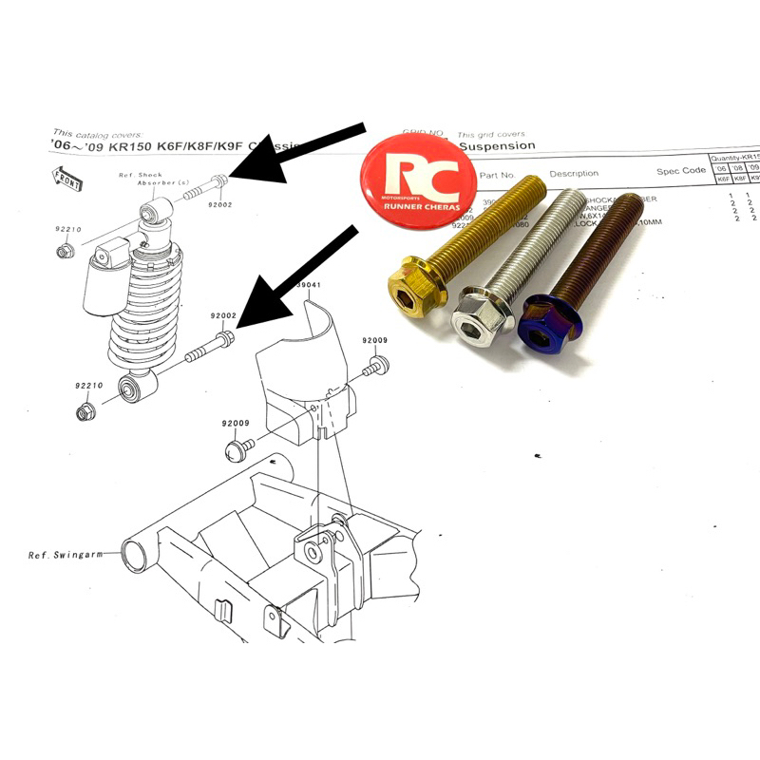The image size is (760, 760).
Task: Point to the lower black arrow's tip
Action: (x=236, y=323)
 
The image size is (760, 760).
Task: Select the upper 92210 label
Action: (x=69, y=229)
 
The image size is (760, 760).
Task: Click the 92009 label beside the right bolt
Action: (x=374, y=340)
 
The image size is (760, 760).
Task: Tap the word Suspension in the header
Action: (x=497, y=146)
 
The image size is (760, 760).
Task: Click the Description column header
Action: (x=574, y=174)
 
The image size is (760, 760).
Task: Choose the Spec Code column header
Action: (x=681, y=172)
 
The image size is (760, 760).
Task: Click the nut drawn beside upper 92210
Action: (x=65, y=251)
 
